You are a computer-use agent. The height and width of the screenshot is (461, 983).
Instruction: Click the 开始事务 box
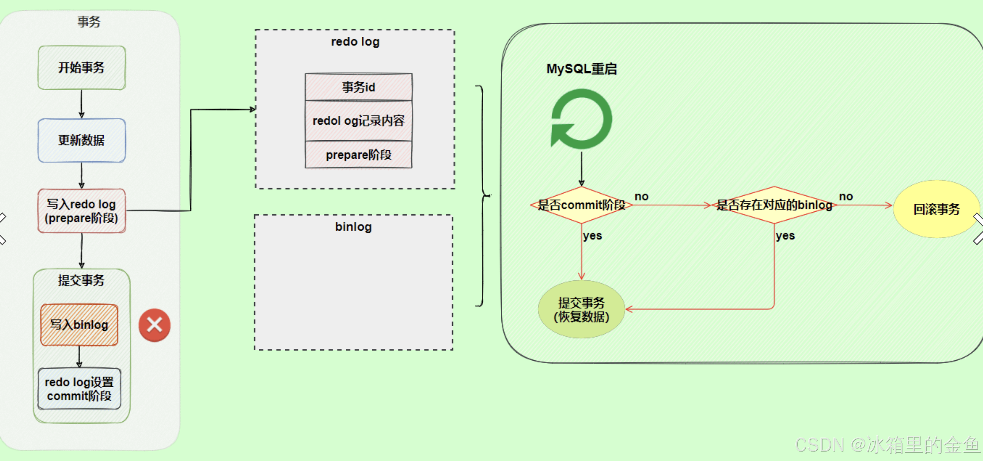81,67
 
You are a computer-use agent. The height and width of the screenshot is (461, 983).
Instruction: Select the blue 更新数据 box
81,140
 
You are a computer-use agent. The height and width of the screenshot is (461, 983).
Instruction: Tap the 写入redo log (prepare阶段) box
81,211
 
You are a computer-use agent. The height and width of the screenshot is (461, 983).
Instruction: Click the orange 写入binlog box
79,325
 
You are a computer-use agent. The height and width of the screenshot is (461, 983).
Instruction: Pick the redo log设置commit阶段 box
79,389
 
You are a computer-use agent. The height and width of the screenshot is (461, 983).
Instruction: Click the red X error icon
154,325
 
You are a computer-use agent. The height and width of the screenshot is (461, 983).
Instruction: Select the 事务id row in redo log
358,87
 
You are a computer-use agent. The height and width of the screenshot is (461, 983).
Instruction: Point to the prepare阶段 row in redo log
358,155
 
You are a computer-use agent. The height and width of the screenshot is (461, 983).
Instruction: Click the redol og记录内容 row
358,121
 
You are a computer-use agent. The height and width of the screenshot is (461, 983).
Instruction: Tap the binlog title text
353,227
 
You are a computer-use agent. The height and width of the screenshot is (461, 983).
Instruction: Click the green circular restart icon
581,119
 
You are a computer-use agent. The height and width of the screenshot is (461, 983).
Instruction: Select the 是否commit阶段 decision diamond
581,205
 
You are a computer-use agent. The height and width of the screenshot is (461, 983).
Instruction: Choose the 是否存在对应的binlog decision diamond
774,205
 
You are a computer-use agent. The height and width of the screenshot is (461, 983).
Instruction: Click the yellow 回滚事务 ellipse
936,209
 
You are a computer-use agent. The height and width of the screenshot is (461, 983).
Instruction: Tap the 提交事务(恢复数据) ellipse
581,309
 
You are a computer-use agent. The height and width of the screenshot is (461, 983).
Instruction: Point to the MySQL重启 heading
581,69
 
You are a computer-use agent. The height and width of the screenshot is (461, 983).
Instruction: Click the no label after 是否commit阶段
641,197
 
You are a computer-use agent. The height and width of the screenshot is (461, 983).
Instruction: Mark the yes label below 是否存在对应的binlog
785,236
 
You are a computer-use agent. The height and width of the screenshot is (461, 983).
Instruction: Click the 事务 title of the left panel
89,22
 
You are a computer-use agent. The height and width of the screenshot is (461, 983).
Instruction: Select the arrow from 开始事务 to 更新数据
81,104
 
